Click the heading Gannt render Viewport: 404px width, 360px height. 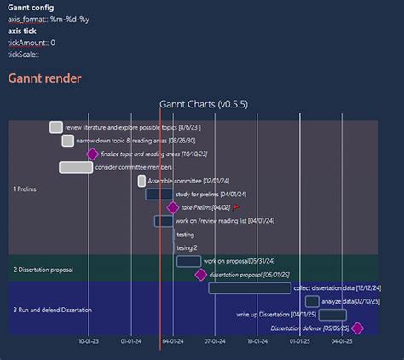[x=44, y=78]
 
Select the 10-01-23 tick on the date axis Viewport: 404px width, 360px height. [x=89, y=341]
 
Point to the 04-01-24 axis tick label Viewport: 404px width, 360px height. [x=172, y=341]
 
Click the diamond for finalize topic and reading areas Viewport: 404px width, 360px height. [x=92, y=154]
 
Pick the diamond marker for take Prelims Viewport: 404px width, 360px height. [x=173, y=207]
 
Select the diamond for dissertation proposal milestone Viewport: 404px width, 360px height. [x=200, y=275]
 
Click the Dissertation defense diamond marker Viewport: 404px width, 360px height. [x=357, y=328]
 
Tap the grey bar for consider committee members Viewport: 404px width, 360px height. [x=76, y=167]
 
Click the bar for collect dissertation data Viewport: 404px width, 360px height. [x=249, y=288]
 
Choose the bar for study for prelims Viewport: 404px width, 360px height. [x=159, y=195]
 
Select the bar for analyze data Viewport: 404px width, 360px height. [x=312, y=301]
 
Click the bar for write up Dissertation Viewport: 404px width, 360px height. [x=332, y=315]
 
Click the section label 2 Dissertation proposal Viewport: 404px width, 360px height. [x=43, y=270]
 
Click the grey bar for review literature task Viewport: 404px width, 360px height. [x=56, y=127]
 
